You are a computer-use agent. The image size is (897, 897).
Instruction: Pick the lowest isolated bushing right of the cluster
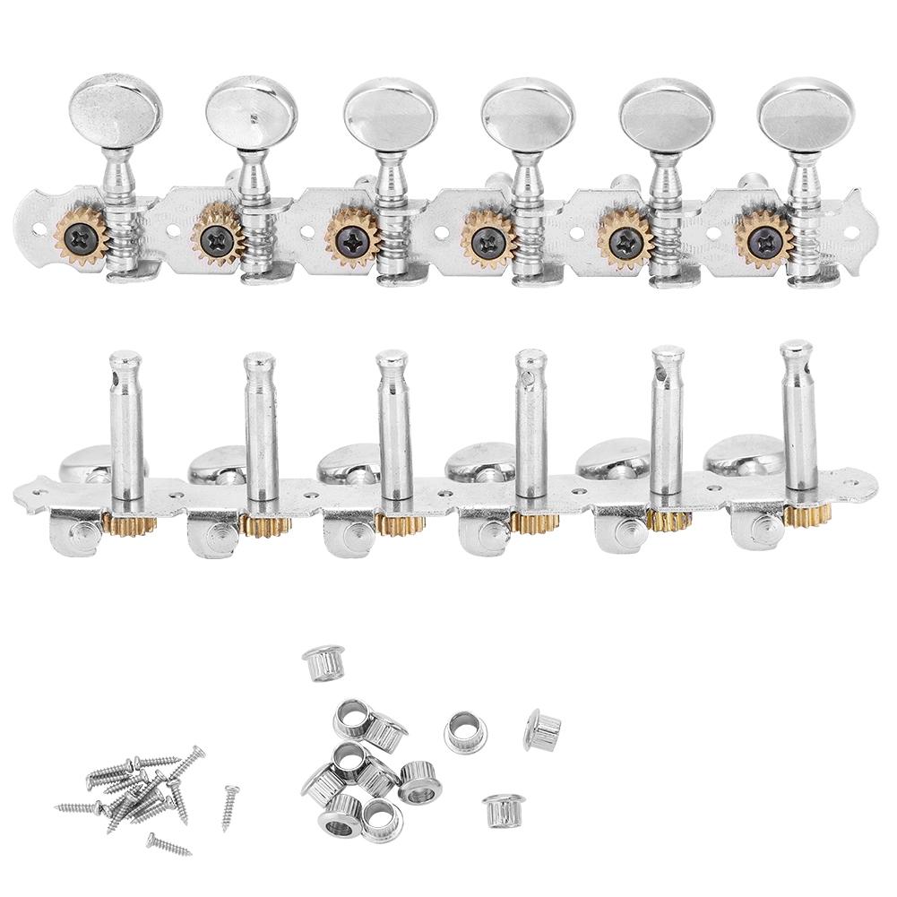(498, 810)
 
